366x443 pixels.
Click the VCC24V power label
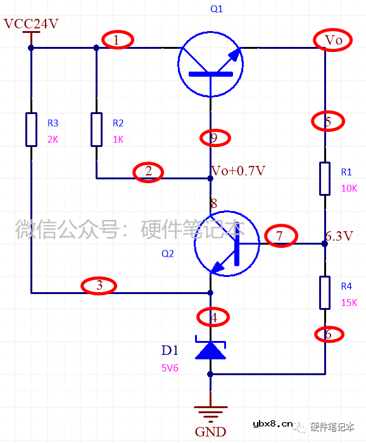31,24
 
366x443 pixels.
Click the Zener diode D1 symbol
210,349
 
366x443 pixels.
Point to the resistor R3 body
31,129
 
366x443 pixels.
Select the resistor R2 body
96,129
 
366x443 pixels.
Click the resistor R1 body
325,178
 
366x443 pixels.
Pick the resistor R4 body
325,293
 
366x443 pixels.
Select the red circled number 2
148,172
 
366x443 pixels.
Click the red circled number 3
99,286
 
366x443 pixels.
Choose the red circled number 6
329,333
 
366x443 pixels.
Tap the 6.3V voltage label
339,236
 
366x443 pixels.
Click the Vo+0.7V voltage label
238,171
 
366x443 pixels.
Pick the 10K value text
349,188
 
